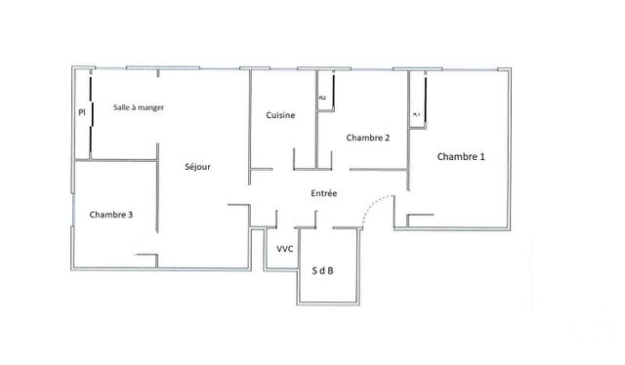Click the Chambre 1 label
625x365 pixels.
[x=460, y=157]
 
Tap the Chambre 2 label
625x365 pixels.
[x=368, y=138]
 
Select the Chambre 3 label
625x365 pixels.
[x=110, y=215]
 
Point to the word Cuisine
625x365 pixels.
[x=281, y=116]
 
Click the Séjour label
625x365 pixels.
[x=197, y=167]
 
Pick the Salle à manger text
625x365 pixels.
[x=138, y=107]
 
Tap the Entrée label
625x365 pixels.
[x=324, y=194]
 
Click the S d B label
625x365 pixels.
[x=323, y=270]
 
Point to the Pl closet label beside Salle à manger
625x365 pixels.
[x=82, y=113]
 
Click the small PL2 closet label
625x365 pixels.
[x=322, y=99]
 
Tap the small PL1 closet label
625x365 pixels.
[x=416, y=114]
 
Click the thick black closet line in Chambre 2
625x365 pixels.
[x=333, y=92]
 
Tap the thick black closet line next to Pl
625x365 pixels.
[x=91, y=117]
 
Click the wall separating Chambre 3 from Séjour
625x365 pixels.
[x=158, y=205]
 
